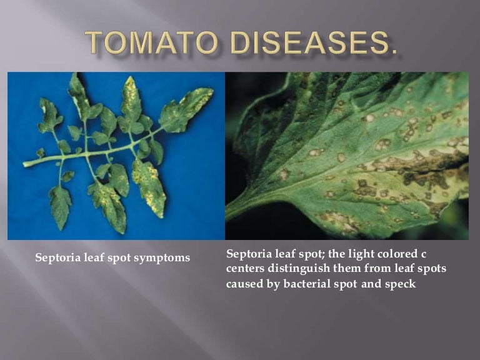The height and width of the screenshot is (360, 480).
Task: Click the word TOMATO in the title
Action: coord(151,42)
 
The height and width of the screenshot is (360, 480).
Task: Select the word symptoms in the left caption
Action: coord(162,258)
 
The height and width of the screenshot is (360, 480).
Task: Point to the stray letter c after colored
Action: coord(423,254)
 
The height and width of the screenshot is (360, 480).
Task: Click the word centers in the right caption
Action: coord(245,269)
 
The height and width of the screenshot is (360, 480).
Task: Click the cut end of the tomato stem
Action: coord(24,164)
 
